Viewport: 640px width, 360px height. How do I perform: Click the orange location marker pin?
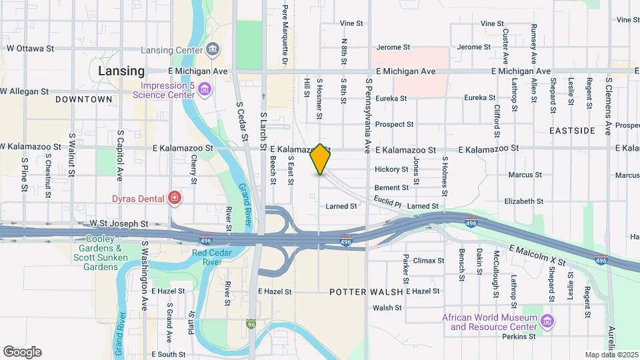(x=321, y=159)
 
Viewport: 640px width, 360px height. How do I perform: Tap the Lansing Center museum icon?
(x=213, y=48)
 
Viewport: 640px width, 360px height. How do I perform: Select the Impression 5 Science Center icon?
(x=205, y=89)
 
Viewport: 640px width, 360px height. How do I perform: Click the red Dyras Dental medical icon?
(x=174, y=198)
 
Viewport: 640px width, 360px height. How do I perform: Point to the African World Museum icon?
(x=547, y=322)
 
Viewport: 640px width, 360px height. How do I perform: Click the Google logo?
(x=22, y=352)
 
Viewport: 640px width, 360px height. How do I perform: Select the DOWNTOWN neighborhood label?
(x=84, y=99)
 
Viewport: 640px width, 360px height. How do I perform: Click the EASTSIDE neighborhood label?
(x=573, y=131)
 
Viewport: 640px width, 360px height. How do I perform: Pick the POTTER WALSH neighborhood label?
(x=366, y=292)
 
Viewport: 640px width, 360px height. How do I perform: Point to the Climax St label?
(x=429, y=261)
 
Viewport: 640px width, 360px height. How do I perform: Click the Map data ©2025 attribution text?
(x=611, y=355)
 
